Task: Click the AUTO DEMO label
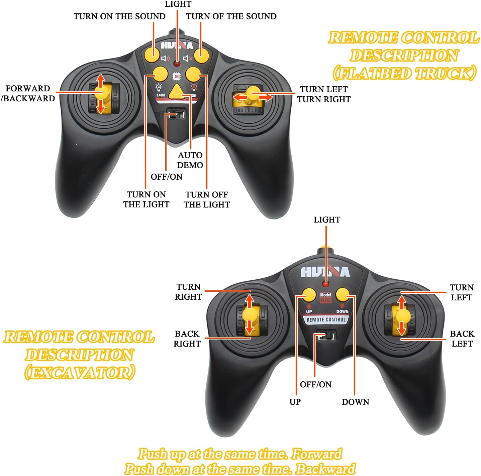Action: pyautogui.click(x=190, y=160)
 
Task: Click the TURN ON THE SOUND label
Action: pyautogui.click(x=119, y=16)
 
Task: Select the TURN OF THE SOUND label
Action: pyautogui.click(x=231, y=16)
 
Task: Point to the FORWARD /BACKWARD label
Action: pyautogui.click(x=28, y=93)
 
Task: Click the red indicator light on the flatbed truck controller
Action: pyautogui.click(x=177, y=64)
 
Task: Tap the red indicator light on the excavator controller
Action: pyautogui.click(x=326, y=284)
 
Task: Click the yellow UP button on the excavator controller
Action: pyautogui.click(x=309, y=295)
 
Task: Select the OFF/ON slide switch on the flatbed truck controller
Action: pyautogui.click(x=176, y=114)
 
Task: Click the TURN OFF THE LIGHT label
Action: pyautogui.click(x=207, y=199)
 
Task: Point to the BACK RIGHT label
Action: pyautogui.click(x=187, y=339)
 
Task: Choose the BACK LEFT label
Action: pyautogui.click(x=462, y=339)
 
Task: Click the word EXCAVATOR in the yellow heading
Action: pyautogui.click(x=80, y=372)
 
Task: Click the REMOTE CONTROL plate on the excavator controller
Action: pyautogui.click(x=326, y=320)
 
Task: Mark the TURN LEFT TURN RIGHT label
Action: pyautogui.click(x=324, y=94)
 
